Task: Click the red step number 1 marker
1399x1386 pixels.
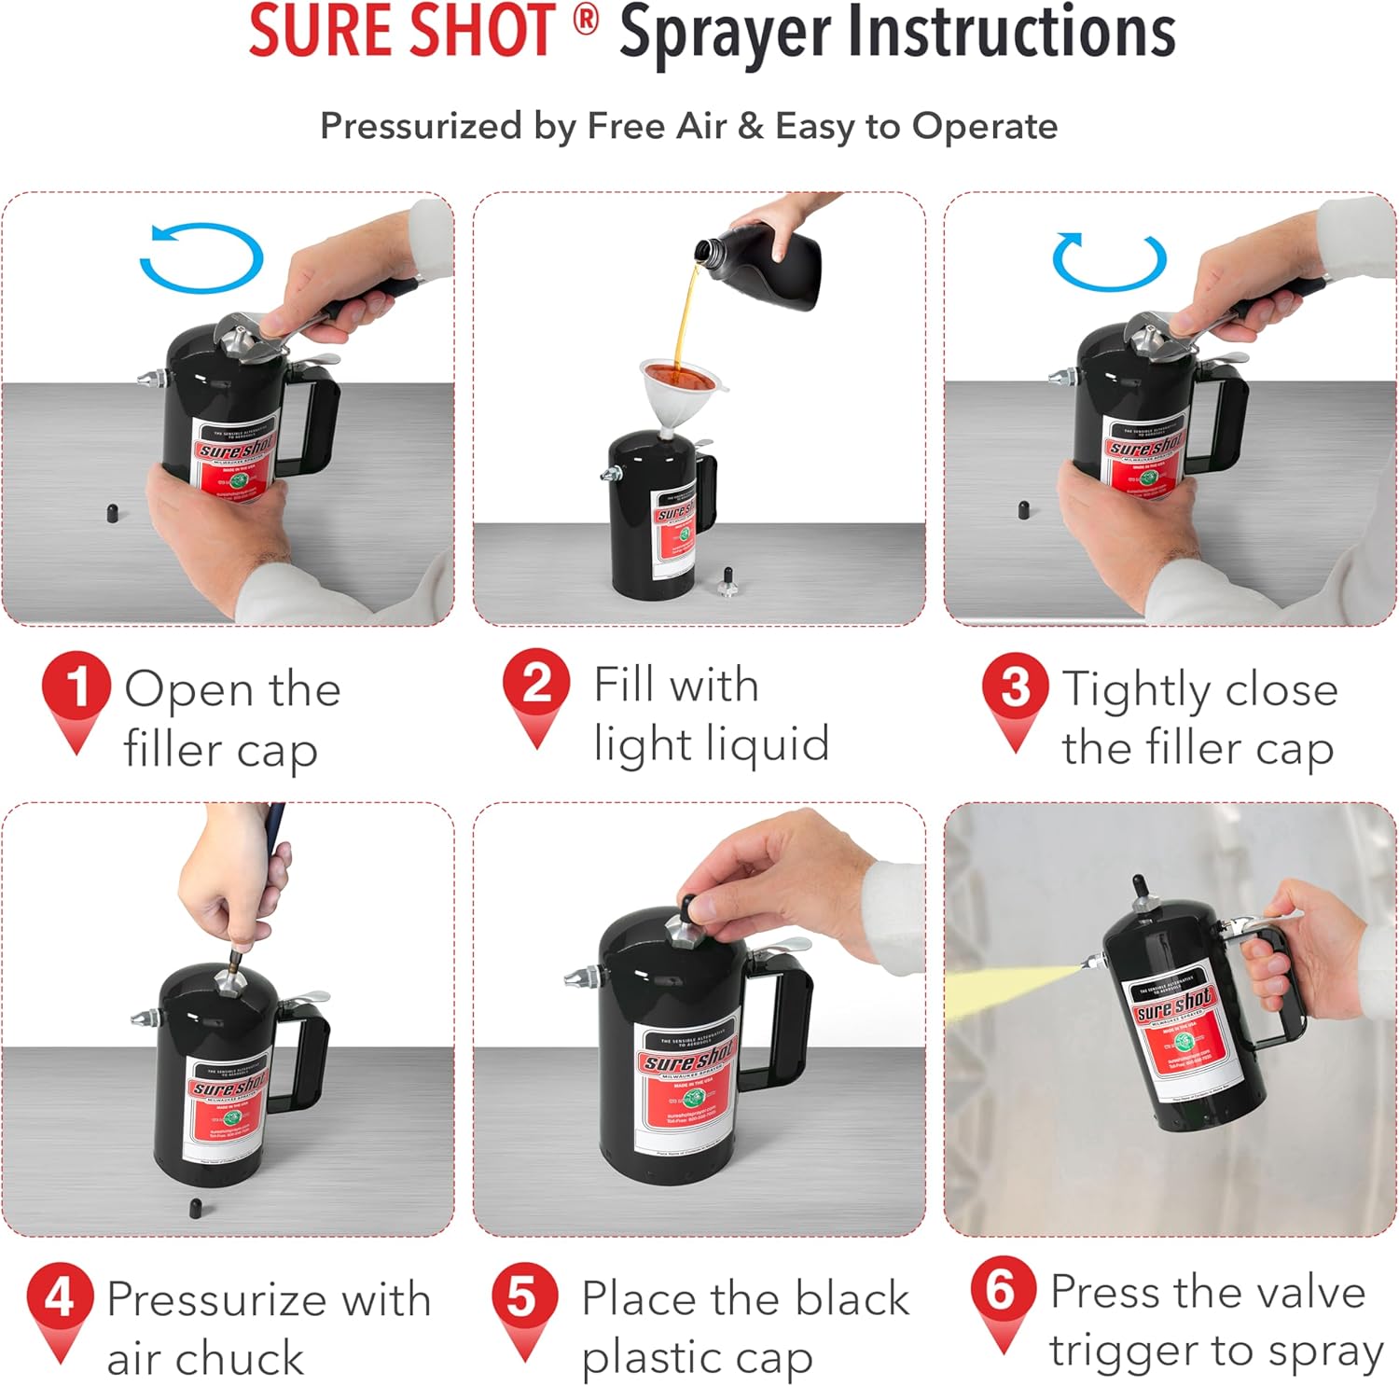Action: coord(76,688)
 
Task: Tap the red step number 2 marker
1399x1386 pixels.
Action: coord(536,684)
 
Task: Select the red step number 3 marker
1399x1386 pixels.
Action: coord(1016,687)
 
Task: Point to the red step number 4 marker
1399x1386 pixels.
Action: coord(60,1297)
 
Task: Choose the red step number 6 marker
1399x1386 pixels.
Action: coord(1003,1291)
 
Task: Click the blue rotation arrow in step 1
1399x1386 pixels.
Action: coord(201,258)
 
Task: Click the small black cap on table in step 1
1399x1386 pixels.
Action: coord(112,513)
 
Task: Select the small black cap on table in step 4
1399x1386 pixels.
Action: coord(197,1207)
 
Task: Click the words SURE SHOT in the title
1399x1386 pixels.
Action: coord(401,32)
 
